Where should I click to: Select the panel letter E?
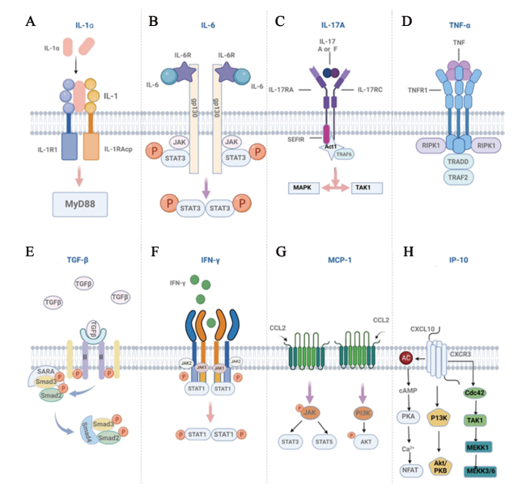click(30, 251)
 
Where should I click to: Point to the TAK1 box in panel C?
click(363, 188)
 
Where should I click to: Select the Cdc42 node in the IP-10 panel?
click(474, 393)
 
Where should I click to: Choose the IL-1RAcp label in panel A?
click(116, 150)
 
